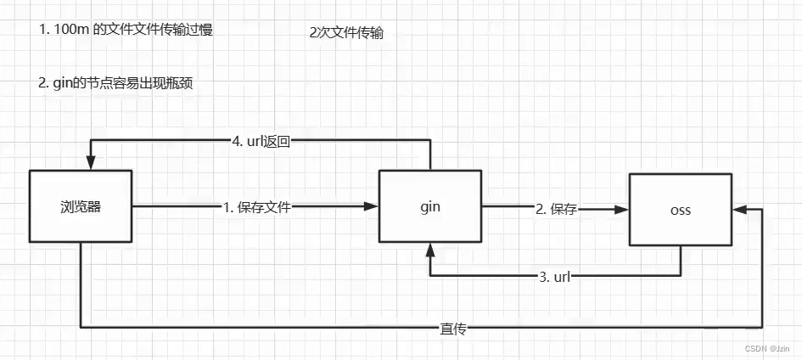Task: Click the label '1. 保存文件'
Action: point(256,206)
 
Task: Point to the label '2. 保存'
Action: point(556,209)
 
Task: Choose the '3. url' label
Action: point(554,277)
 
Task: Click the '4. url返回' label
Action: point(261,142)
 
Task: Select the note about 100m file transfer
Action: point(126,30)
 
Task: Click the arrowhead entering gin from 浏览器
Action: point(372,206)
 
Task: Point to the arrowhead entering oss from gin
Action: point(621,209)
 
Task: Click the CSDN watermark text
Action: point(767,349)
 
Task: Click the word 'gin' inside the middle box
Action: point(430,206)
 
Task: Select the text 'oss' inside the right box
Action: point(679,211)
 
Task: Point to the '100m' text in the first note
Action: point(70,30)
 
